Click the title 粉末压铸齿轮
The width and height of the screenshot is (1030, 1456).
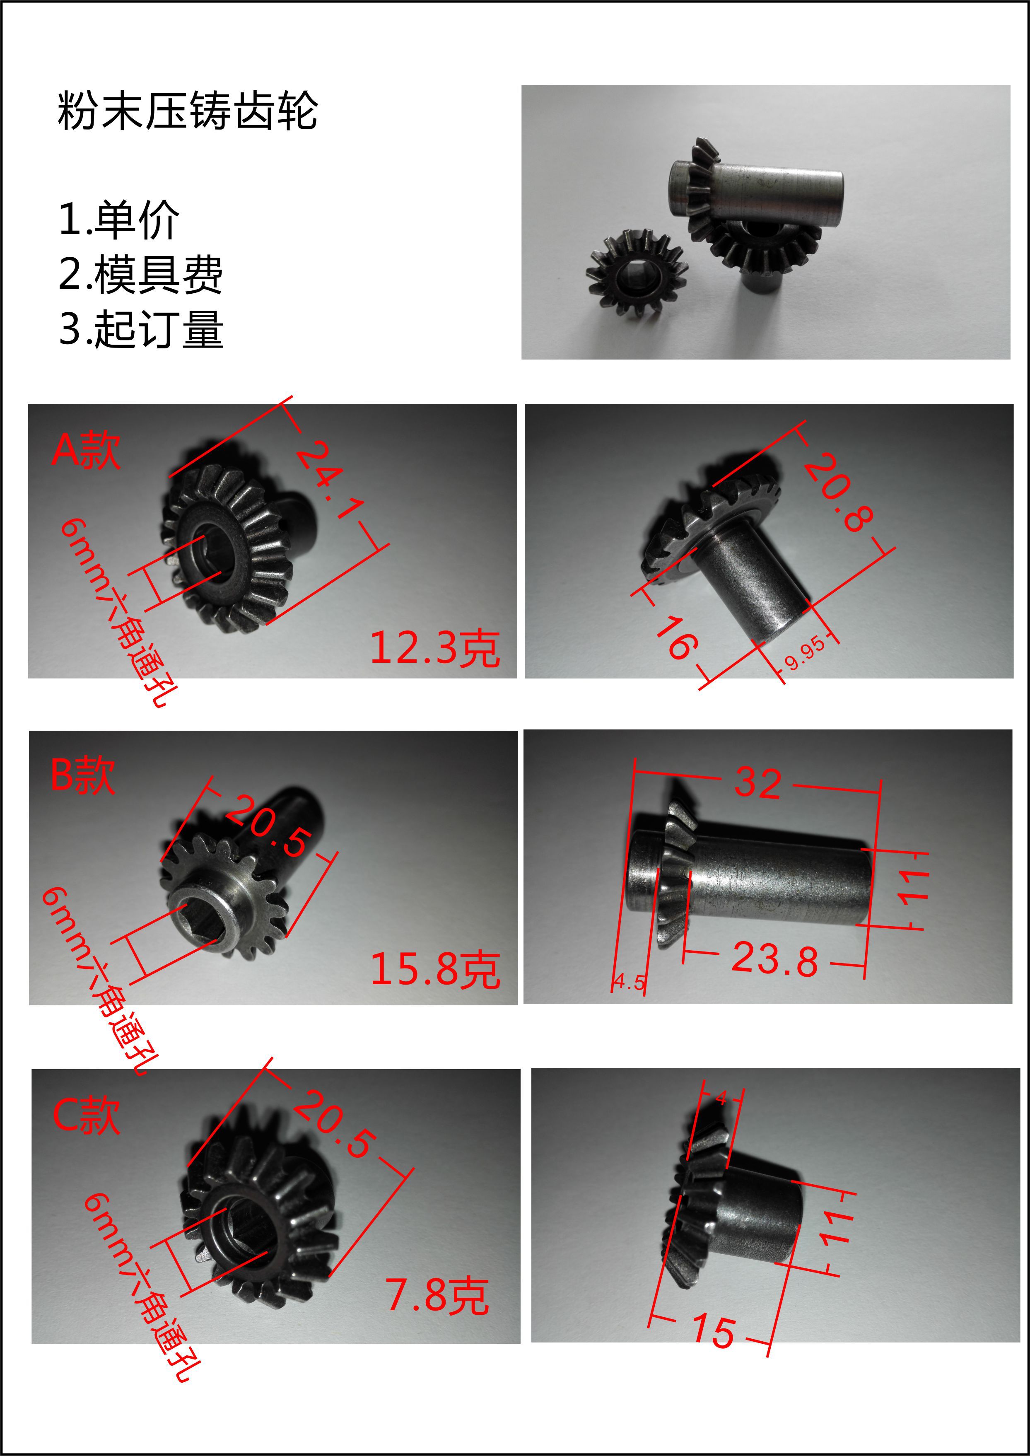point(187,111)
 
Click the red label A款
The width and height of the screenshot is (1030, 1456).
point(86,450)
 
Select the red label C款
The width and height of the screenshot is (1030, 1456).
point(86,1116)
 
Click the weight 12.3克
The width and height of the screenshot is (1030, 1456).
point(435,648)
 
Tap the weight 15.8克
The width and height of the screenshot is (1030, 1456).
point(435,969)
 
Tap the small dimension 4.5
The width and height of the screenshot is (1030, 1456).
point(629,983)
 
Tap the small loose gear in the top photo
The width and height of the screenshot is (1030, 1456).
point(636,273)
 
